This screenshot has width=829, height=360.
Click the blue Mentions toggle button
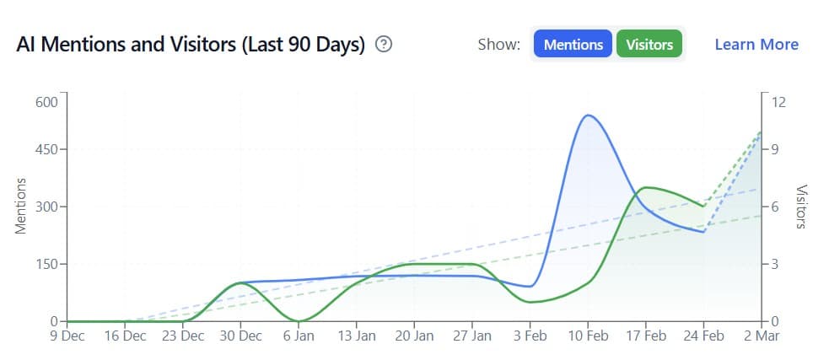(x=573, y=45)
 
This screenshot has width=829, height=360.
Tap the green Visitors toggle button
(x=649, y=45)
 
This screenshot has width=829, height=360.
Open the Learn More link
(x=756, y=45)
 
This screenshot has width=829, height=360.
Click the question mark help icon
(x=384, y=45)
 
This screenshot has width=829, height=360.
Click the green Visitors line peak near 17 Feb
(x=646, y=187)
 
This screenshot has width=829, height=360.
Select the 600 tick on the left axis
(x=46, y=102)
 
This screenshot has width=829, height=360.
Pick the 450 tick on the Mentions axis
(x=46, y=150)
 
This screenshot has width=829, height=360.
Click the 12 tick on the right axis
(x=778, y=102)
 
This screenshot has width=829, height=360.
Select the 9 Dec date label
(x=67, y=336)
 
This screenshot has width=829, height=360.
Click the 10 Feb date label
(x=587, y=336)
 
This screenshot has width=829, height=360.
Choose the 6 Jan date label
(x=298, y=336)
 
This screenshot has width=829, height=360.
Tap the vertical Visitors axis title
(x=802, y=207)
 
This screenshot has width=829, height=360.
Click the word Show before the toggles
(x=498, y=45)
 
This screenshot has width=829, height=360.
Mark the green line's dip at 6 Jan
(x=299, y=320)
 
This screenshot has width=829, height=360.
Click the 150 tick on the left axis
(x=46, y=264)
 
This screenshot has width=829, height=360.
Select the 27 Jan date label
(x=471, y=336)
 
